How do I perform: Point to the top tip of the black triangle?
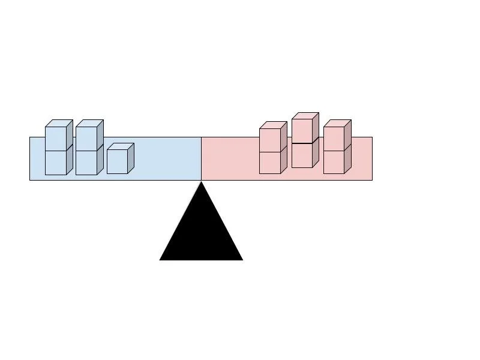pyautogui.click(x=201, y=182)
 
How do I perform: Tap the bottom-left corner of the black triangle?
pyautogui.click(x=160, y=260)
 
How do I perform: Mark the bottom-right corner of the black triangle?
pyautogui.click(x=242, y=260)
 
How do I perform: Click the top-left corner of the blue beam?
pyautogui.click(x=30, y=137)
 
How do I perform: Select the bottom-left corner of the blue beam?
pyautogui.click(x=30, y=180)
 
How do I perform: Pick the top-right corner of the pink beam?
pyautogui.click(x=372, y=137)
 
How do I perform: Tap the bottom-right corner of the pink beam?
pyautogui.click(x=372, y=180)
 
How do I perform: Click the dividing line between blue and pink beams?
pyautogui.click(x=201, y=158)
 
